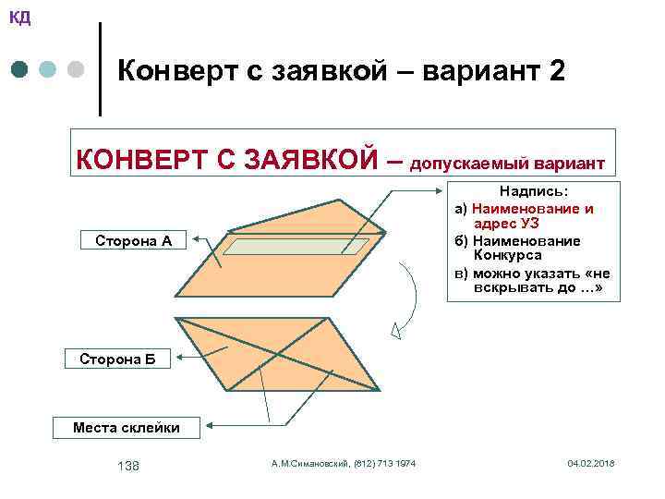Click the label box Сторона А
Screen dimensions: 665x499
point(134,241)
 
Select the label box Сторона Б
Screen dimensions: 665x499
point(117,359)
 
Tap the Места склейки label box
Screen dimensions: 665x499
point(127,427)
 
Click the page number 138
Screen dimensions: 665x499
point(128,466)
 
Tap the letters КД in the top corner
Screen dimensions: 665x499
point(19,17)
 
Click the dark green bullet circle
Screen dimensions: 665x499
point(20,70)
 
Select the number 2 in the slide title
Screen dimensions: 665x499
point(555,71)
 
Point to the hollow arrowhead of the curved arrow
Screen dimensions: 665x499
point(395,330)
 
